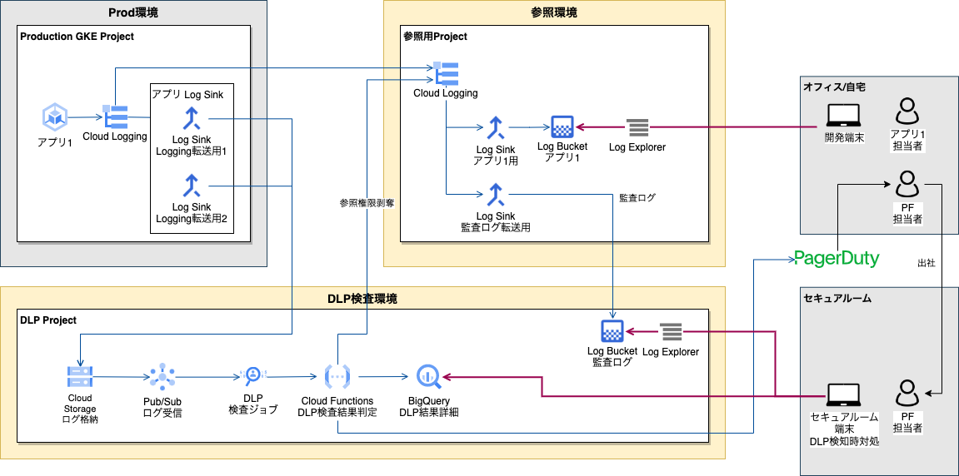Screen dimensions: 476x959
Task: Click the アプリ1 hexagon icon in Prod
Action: coord(56,117)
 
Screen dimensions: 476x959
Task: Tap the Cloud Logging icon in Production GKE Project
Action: coord(114,116)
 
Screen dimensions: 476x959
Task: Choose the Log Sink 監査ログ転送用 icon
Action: coord(496,195)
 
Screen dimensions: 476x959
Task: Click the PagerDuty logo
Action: coord(836,258)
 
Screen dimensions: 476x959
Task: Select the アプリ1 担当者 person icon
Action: coord(907,113)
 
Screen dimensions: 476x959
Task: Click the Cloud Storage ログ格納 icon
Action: coord(80,377)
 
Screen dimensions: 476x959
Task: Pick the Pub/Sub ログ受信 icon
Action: coord(162,376)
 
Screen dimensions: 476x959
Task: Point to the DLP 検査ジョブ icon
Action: coord(252,377)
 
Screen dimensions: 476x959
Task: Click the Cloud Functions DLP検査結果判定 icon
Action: coord(337,377)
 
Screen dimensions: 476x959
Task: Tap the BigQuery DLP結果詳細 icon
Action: coord(429,377)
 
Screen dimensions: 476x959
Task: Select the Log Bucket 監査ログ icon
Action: coord(612,331)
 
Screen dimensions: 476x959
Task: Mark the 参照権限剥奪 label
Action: coord(367,202)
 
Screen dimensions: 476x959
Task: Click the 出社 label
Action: coord(926,263)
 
